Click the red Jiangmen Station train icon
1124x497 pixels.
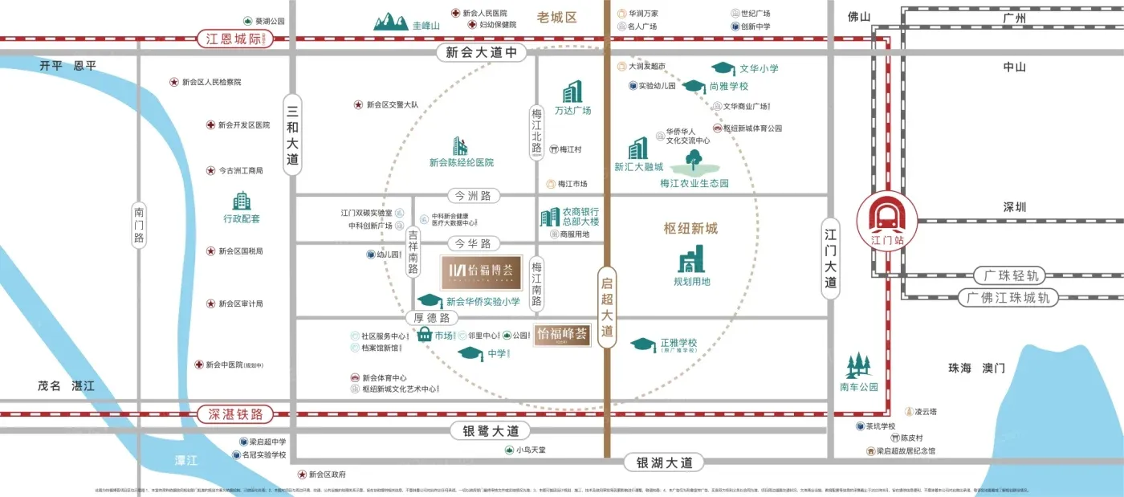tap(886, 215)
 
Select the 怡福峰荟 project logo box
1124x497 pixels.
tap(563, 335)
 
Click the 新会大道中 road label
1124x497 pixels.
tap(481, 53)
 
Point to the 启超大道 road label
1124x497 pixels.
tap(607, 308)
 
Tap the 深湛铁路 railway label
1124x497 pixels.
tap(234, 414)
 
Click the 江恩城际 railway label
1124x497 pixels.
tap(235, 38)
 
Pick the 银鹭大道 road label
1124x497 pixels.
tap(491, 430)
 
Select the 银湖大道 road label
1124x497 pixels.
tap(664, 462)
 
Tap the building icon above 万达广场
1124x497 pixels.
tap(572, 92)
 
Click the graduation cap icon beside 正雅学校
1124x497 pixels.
tap(643, 344)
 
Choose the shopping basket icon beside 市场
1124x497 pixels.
tap(423, 335)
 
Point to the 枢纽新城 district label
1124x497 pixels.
tap(691, 229)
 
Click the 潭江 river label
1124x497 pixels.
tap(186, 460)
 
